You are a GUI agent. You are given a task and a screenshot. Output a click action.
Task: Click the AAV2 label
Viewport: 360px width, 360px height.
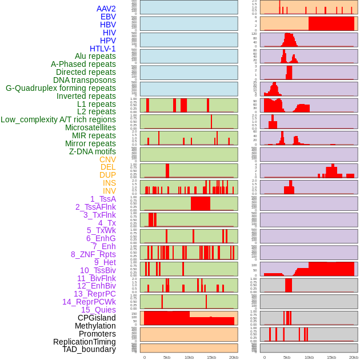tap(106, 9)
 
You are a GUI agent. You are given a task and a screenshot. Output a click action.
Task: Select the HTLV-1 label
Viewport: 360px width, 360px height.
tap(102, 49)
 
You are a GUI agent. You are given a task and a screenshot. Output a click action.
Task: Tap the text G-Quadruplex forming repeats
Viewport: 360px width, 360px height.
tap(61, 88)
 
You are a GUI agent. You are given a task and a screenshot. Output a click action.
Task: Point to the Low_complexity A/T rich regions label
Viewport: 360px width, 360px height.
tap(58, 119)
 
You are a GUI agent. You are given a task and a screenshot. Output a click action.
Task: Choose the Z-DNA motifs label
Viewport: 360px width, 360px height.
tap(92, 151)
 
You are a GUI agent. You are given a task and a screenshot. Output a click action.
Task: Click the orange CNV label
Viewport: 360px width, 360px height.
tap(107, 159)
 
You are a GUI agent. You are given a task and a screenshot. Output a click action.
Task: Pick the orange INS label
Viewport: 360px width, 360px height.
tap(109, 183)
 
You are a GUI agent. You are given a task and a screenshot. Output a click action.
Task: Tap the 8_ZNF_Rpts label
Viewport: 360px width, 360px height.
tap(93, 254)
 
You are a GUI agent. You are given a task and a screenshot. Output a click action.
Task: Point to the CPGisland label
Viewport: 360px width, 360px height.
tap(97, 318)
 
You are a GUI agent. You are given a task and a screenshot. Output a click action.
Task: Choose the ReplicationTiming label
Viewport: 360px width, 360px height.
tap(84, 342)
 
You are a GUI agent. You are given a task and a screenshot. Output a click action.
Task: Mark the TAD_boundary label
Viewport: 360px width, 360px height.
tap(89, 349)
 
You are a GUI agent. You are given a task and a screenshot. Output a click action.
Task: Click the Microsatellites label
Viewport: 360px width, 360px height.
tap(90, 127)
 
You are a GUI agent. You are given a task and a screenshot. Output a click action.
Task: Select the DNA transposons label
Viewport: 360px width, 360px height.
tap(85, 80)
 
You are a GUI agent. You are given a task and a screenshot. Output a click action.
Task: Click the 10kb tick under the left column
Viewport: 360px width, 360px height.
tap(189, 357)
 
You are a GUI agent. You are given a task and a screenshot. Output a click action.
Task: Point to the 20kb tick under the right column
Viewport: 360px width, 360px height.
tap(354, 357)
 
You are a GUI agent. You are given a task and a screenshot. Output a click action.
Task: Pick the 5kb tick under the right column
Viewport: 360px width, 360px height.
tap(286, 357)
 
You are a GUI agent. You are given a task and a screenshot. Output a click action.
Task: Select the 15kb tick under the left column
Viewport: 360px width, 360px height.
tap(211, 357)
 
